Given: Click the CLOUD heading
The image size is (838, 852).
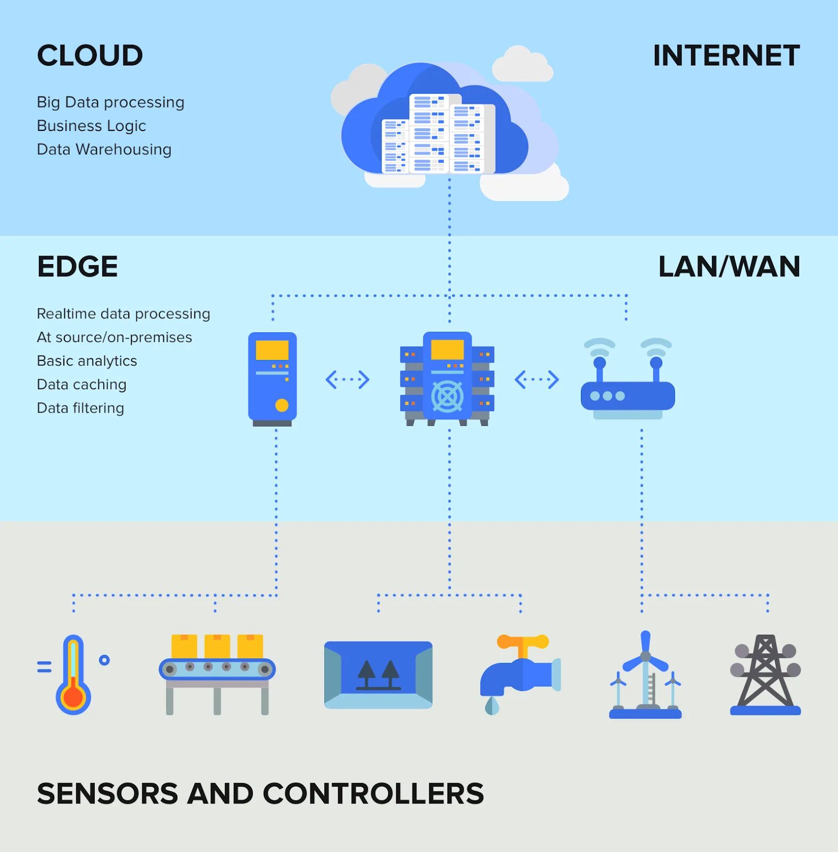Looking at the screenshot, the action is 90,55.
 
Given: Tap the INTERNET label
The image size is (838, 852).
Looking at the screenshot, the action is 726,55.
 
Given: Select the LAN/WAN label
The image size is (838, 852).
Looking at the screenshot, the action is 729,267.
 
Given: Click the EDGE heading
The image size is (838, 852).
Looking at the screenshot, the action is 77,267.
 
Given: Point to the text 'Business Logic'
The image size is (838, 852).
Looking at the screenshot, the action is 91,126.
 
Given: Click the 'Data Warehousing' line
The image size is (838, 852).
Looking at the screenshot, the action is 104,149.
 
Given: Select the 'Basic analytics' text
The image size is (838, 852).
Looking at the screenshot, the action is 87,361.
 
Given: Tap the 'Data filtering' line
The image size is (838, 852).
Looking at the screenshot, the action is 80,408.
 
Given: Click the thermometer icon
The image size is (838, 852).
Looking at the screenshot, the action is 73,675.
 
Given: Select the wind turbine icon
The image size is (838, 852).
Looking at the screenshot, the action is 645,675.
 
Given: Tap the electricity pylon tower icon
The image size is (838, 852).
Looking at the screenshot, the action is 765,674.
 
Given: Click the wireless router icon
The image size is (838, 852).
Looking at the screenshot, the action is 628,379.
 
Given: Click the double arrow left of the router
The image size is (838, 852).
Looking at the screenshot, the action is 537,380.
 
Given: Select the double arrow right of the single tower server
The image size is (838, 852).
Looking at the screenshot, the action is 347,380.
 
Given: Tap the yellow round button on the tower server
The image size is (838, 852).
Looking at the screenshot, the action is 282,405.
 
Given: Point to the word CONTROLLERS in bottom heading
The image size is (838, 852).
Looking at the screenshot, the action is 373,793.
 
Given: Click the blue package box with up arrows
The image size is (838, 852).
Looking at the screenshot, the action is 378,675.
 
